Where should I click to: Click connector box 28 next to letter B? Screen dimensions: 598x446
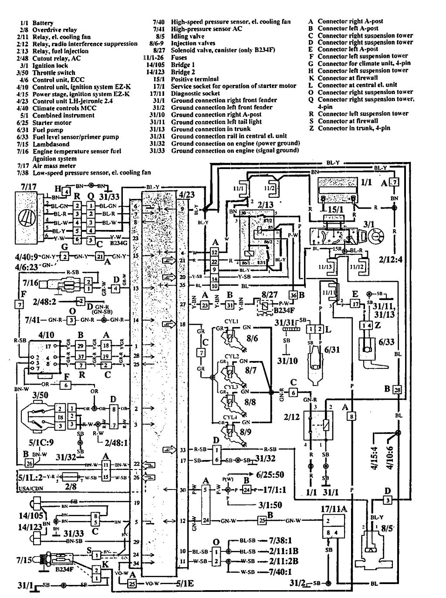point(397,390)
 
